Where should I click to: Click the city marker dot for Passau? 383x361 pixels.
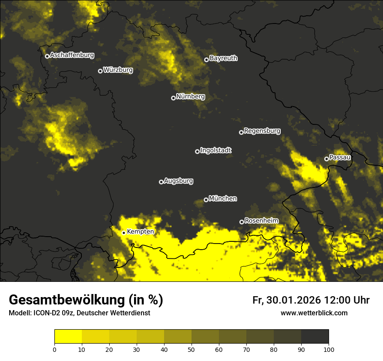(x=326, y=159)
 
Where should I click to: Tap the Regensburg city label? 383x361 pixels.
(x=262, y=131)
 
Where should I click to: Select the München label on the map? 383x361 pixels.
(x=223, y=199)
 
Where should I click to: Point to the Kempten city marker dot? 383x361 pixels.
(x=124, y=233)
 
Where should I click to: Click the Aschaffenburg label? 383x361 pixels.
(x=72, y=55)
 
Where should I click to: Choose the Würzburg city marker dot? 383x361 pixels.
(x=100, y=71)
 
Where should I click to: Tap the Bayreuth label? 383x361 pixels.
(x=223, y=58)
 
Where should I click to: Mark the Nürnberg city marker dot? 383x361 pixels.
(x=173, y=98)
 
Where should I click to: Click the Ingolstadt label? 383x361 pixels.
(x=216, y=150)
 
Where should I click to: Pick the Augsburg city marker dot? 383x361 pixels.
(x=161, y=182)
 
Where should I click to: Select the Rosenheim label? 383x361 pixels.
(x=261, y=221)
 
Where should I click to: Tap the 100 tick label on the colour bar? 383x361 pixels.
(x=329, y=349)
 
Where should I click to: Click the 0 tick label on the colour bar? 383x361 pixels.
(x=54, y=349)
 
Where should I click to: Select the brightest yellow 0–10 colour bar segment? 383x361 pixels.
(x=68, y=337)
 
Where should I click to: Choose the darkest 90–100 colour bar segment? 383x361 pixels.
(x=315, y=337)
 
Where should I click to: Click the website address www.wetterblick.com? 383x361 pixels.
(x=314, y=313)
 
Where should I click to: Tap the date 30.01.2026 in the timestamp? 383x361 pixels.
(x=294, y=300)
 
